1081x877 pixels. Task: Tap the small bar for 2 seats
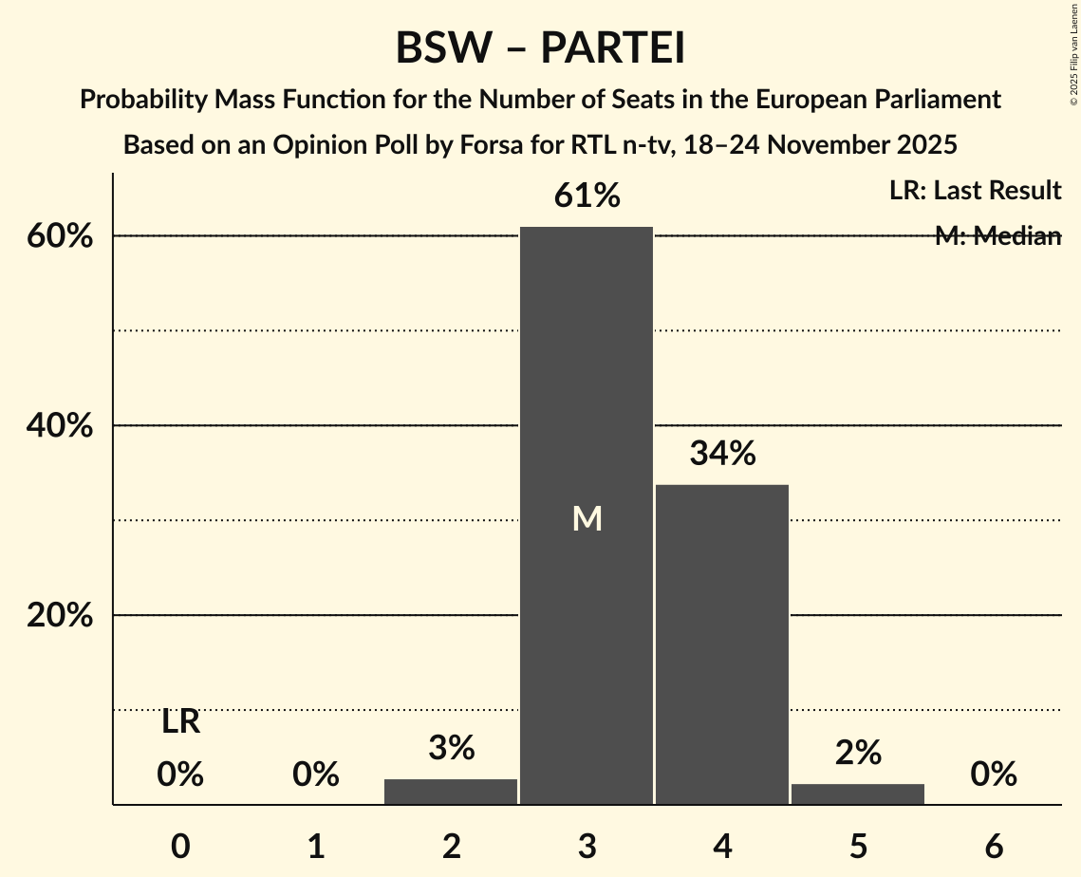451,792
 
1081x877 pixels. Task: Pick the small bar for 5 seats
858,793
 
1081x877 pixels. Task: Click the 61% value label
587,196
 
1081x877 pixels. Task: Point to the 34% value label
722,454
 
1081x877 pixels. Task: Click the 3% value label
451,749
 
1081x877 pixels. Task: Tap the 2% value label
858,753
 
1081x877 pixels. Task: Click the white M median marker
587,518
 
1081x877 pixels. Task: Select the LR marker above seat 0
180,722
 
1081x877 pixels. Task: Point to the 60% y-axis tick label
60,236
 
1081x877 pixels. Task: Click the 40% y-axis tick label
60,426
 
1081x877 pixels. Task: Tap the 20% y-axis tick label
60,616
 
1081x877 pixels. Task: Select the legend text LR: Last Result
975,191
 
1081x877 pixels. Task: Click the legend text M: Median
997,236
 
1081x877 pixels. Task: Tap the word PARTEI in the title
613,48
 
